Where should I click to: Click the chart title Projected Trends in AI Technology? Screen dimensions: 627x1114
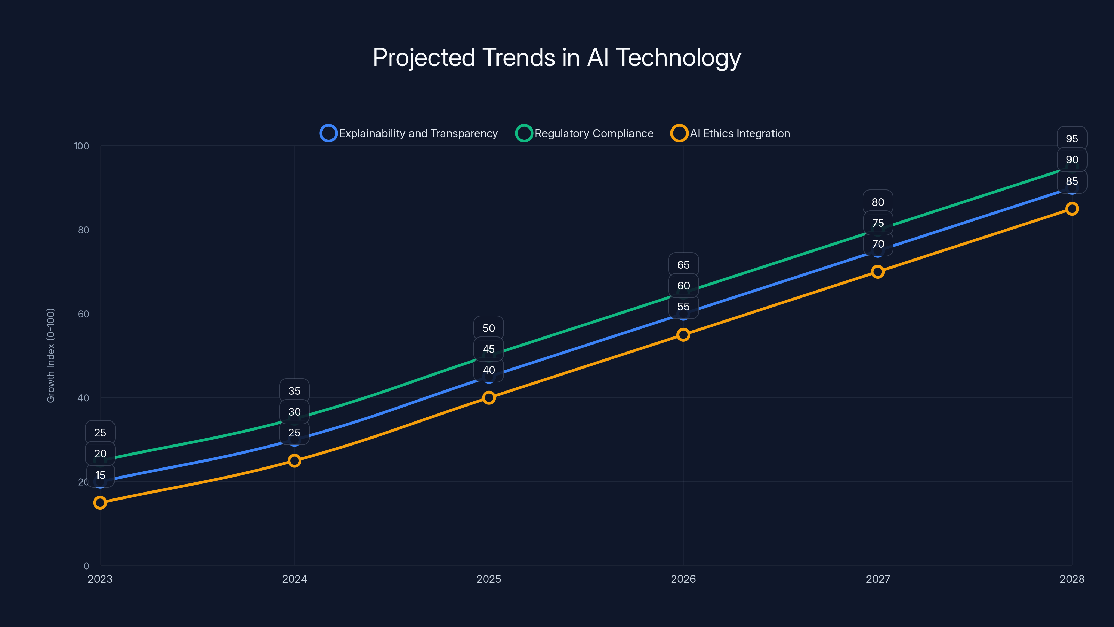(557, 57)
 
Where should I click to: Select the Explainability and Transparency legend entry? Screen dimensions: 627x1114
(409, 133)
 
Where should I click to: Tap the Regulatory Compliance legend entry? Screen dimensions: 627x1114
(585, 133)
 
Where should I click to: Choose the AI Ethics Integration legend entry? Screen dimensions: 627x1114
(730, 133)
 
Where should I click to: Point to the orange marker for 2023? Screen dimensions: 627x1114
(100, 502)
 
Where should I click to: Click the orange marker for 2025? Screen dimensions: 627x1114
(489, 398)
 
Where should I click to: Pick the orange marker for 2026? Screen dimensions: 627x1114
(683, 334)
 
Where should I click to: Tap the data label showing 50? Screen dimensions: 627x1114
(489, 328)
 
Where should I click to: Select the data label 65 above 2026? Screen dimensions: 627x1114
(683, 265)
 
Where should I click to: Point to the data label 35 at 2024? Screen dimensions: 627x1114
(295, 391)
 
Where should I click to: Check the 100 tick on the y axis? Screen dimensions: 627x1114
(81, 146)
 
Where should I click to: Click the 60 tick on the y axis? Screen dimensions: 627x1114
(84, 314)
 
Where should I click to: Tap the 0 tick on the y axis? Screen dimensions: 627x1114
(86, 566)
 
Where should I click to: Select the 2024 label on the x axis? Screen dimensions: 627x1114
(295, 579)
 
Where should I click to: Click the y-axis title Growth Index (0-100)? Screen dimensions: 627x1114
(51, 355)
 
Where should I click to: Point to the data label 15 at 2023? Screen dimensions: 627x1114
(100, 475)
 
